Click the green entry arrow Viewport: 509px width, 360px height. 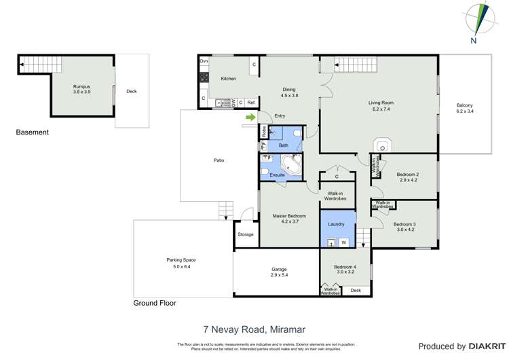click(250, 118)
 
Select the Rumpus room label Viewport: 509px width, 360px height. click(81, 88)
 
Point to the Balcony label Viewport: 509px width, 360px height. click(464, 108)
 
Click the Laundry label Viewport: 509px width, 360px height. click(336, 223)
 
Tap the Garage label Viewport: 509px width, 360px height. click(279, 272)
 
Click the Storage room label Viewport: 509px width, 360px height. click(245, 234)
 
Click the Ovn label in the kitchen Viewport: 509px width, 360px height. click(204, 62)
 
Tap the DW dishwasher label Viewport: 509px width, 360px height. click(233, 103)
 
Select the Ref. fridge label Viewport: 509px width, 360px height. click(250, 103)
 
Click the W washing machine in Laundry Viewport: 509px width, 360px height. click(344, 242)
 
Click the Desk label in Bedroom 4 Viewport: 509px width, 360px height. click(356, 291)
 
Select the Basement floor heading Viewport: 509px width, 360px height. click(33, 132)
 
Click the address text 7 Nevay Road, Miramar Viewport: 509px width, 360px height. click(254, 329)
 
